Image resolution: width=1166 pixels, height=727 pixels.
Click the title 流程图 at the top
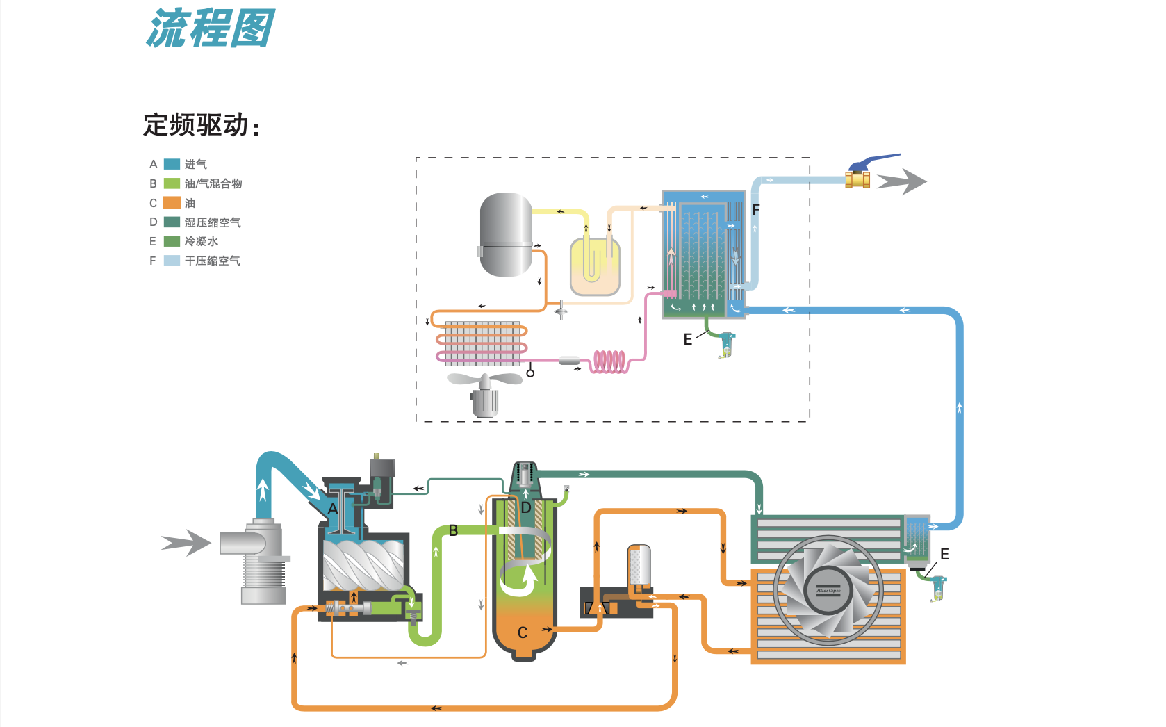point(211,29)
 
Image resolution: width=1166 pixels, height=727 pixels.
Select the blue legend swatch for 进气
point(172,164)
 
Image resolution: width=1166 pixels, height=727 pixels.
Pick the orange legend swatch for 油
point(172,203)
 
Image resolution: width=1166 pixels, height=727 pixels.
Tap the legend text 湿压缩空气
point(212,222)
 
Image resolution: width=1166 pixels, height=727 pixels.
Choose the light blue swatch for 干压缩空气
point(172,261)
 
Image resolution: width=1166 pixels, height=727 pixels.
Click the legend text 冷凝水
point(201,241)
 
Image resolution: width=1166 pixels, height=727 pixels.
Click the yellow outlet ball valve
point(857,179)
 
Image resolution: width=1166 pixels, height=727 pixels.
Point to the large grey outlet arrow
point(901,181)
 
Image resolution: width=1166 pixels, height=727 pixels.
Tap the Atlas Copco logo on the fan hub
point(828,591)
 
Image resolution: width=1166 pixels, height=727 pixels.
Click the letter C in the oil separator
point(523,632)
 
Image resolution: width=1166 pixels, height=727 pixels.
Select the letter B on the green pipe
point(453,530)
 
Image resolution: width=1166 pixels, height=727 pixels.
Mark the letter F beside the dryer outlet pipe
point(756,209)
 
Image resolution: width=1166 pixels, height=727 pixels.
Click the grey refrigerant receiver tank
point(506,234)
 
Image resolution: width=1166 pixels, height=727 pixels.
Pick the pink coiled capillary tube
point(609,361)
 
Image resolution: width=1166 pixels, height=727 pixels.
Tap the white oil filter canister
point(639,565)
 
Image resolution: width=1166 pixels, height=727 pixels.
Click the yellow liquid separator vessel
point(595,266)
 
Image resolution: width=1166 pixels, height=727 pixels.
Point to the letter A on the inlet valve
point(333,509)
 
